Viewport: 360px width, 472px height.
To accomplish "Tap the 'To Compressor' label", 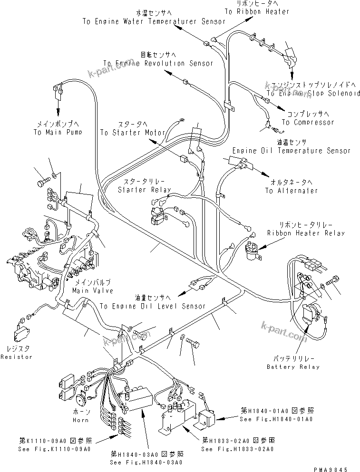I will pyautogui.click(x=308, y=123).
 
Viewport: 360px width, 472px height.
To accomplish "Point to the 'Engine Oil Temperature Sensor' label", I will pyautogui.click(x=291, y=151).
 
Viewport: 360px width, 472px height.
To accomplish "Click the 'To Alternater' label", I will pyautogui.click(x=292, y=191).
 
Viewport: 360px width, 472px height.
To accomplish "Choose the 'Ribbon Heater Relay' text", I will pyautogui.click(x=306, y=233).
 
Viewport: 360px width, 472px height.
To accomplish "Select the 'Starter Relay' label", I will pyautogui.click(x=145, y=190).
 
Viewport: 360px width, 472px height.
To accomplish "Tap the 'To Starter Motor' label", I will pyautogui.click(x=132, y=133).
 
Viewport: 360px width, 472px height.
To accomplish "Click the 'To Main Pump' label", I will pyautogui.click(x=57, y=133).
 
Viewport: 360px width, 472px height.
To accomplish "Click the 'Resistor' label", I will pyautogui.click(x=16, y=356).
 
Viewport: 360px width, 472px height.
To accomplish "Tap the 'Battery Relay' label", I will pyautogui.click(x=293, y=367).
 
